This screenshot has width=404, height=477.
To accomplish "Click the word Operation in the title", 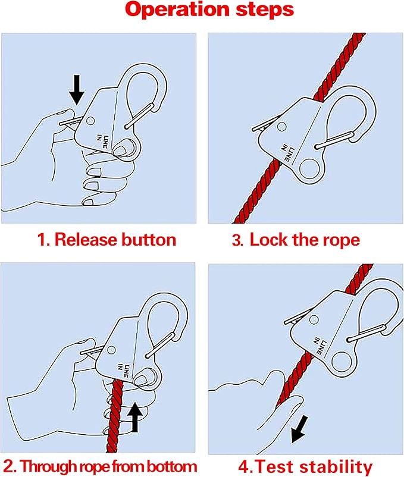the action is [x=178, y=10].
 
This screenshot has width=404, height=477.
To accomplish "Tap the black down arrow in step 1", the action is [x=76, y=90].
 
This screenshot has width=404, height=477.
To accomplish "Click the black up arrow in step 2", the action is [x=135, y=417].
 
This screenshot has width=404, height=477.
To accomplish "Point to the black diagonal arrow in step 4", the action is [x=299, y=429].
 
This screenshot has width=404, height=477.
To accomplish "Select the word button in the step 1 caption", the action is [x=149, y=240].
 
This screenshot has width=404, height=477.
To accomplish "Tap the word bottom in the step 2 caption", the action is [x=172, y=467].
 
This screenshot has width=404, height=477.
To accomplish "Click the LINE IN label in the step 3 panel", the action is [x=288, y=152].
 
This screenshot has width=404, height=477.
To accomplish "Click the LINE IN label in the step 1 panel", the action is [x=102, y=141].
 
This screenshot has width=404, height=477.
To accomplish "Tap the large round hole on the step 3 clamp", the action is [x=309, y=168].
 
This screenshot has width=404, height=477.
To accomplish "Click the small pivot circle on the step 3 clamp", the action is [x=281, y=127].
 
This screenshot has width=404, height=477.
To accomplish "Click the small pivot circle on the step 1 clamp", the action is [x=90, y=121].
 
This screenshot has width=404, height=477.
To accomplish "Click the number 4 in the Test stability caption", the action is [x=243, y=467].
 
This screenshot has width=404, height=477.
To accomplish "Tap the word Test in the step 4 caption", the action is [x=274, y=467].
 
